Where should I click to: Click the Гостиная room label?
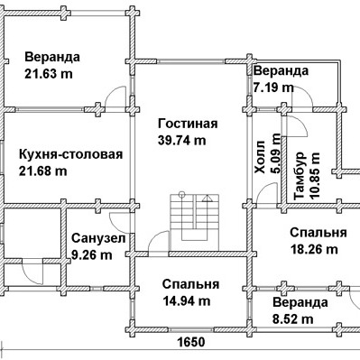pyautogui.click(x=188, y=124)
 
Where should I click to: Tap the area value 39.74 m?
pyautogui.click(x=182, y=141)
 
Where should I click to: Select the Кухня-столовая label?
pyautogui.click(x=71, y=154)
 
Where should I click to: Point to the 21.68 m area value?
pyautogui.click(x=43, y=171)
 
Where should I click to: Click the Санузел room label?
pyautogui.click(x=98, y=238)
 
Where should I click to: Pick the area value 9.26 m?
pyautogui.click(x=92, y=255)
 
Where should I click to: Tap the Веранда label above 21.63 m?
pyautogui.click(x=52, y=57)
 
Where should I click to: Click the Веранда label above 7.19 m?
pyautogui.click(x=282, y=71)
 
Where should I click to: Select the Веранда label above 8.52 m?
pyautogui.click(x=300, y=302)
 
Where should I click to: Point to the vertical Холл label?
pyautogui.click(x=261, y=157)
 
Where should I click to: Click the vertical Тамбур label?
pyautogui.click(x=300, y=176)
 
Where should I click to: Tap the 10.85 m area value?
pyautogui.click(x=316, y=176)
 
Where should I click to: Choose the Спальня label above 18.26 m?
pyautogui.click(x=318, y=233)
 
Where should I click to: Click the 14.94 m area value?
pyautogui.click(x=187, y=300)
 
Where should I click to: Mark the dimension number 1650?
pyautogui.click(x=191, y=342)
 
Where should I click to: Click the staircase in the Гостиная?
pyautogui.click(x=194, y=217)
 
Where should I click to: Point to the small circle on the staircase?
pyautogui.click(x=181, y=194)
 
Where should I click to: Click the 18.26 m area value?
pyautogui.click(x=314, y=249)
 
